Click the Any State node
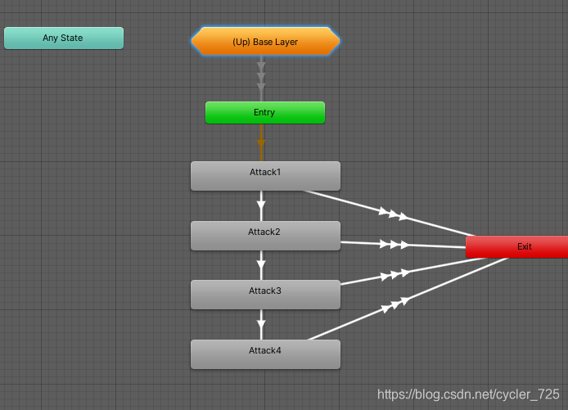(64, 38)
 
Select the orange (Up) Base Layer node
(265, 42)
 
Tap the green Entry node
(265, 113)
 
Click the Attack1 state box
(265, 176)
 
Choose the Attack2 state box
(265, 236)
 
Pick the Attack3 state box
(265, 295)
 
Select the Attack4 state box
(265, 354)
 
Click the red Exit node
(516, 247)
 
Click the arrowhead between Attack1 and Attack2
(261, 203)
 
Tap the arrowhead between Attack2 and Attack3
(261, 264)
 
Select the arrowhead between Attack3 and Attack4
(261, 322)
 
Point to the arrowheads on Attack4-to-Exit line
(394, 305)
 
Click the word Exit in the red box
(525, 246)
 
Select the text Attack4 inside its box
(265, 350)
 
